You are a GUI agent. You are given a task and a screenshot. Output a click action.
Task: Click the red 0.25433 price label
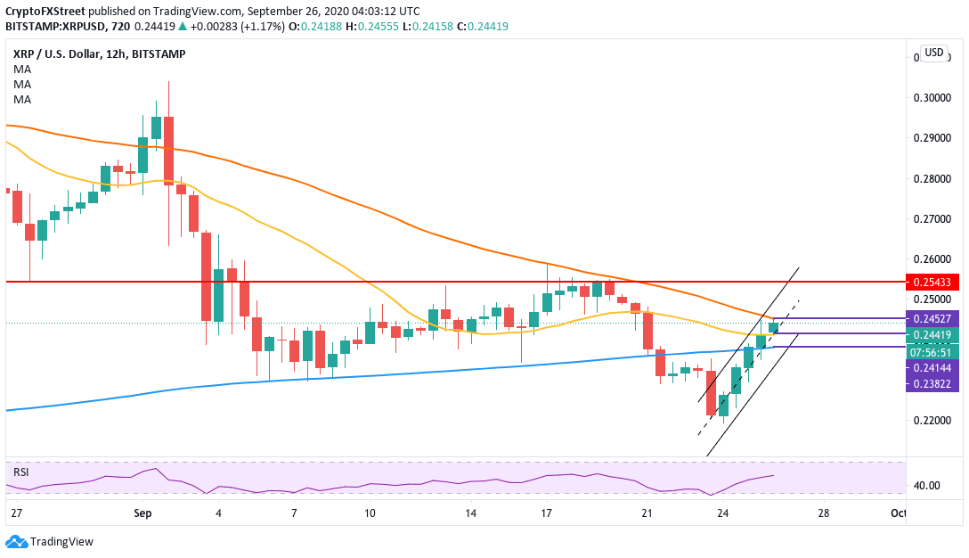tap(932, 282)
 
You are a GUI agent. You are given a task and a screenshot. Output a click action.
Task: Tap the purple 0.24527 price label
tap(932, 318)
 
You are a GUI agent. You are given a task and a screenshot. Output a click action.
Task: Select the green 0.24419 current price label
tap(932, 335)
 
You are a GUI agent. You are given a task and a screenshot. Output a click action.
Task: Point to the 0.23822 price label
tap(932, 383)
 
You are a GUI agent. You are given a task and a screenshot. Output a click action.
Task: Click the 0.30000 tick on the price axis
tap(932, 98)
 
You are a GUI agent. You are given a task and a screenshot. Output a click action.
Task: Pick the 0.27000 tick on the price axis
tap(932, 219)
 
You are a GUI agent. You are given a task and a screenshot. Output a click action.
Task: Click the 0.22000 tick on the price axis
tap(932, 421)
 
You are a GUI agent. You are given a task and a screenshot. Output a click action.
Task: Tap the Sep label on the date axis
tap(143, 513)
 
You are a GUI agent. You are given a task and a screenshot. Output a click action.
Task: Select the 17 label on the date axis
tap(546, 513)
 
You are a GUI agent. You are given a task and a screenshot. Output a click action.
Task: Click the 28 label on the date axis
tap(824, 513)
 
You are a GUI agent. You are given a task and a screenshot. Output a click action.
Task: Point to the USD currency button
tap(934, 53)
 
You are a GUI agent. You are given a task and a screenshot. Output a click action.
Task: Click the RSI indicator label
tap(21, 471)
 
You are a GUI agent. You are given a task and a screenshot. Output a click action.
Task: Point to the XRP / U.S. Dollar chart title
tap(63, 53)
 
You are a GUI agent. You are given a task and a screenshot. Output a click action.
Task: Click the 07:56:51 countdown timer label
tap(932, 351)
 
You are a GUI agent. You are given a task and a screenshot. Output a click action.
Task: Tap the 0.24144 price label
tap(932, 367)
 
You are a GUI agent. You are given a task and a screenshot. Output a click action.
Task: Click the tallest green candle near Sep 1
tap(156, 127)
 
